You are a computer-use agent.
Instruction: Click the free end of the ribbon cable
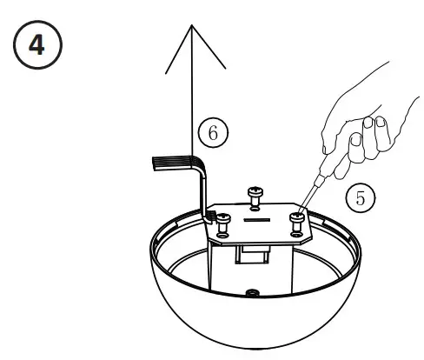point(156,163)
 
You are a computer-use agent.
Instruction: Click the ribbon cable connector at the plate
point(212,212)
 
